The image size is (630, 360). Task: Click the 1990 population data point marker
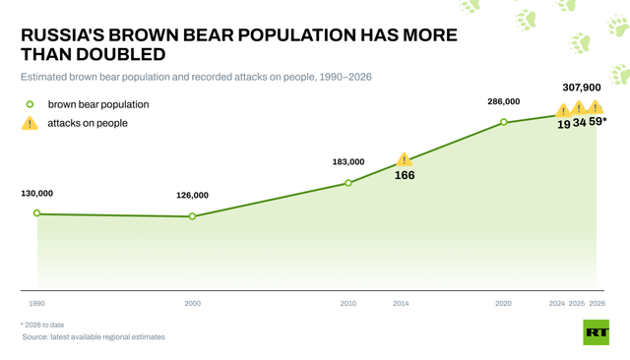coord(37,213)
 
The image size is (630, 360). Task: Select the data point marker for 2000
coord(193,216)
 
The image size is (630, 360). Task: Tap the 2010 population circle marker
coord(348,183)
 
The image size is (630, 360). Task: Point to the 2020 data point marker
coord(503,122)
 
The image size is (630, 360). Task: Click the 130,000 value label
coord(37,194)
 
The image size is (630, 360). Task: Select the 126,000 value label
coord(193,196)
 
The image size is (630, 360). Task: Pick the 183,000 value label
coord(348,162)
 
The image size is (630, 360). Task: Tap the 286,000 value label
coord(504,102)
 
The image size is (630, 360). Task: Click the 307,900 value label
coord(582,88)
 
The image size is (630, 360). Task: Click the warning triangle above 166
coord(405,159)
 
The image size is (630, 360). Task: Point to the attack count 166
coord(405,175)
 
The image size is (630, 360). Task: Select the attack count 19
coord(564,124)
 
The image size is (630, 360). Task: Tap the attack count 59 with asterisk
coord(598,121)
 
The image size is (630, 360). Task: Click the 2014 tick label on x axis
coord(401,304)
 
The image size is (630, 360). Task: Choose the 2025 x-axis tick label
coord(577,304)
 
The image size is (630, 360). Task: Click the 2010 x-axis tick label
coord(348,304)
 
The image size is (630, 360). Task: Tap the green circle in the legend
coord(30,104)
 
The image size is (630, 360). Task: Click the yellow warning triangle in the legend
coord(30,123)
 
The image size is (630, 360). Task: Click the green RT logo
coord(597,332)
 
